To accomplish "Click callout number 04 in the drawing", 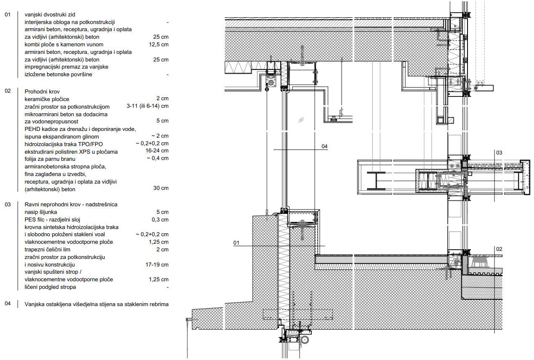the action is (324, 147).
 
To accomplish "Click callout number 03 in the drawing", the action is (499, 152).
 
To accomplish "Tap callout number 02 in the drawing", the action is (499, 249).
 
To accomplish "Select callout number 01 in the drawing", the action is (236, 243).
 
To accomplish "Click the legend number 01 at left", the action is (8, 14).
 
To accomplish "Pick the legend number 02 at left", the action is (8, 91).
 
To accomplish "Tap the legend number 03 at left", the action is (8, 204).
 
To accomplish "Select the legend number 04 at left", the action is (8, 304).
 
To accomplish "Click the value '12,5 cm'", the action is (159, 44).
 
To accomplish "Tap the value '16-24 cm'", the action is (157, 151).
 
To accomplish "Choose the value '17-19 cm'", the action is (157, 265).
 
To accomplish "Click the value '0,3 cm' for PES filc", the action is (160, 219).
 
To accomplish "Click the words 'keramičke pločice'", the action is (47, 99).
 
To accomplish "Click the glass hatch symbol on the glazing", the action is (301, 120).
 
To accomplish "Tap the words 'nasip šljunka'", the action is (41, 212).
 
